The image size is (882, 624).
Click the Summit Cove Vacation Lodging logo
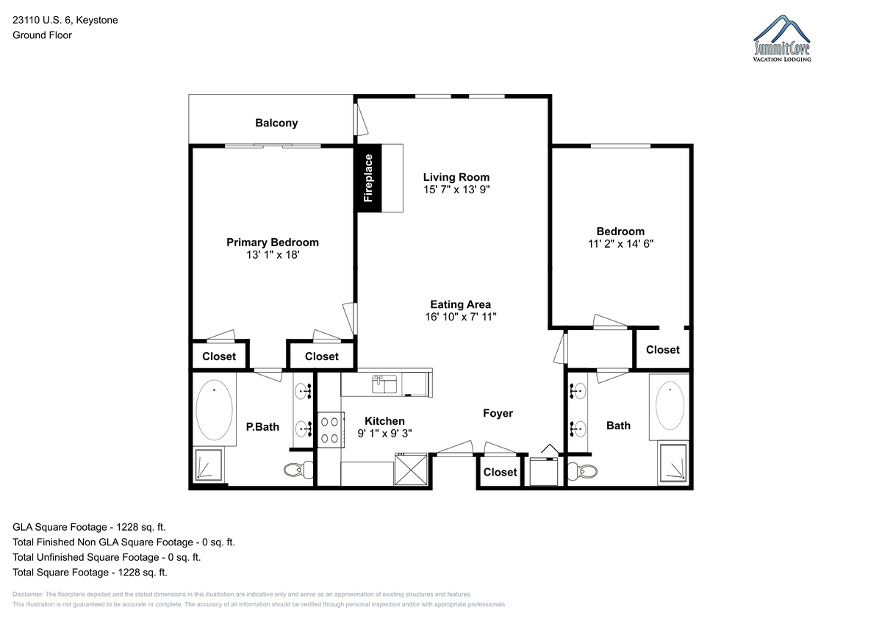click(x=782, y=38)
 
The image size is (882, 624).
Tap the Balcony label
click(x=276, y=123)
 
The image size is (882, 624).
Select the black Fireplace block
click(x=367, y=179)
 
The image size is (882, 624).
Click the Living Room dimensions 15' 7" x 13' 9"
click(x=456, y=190)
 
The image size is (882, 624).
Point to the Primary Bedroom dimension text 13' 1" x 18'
click(x=273, y=255)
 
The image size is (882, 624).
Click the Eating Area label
click(x=460, y=304)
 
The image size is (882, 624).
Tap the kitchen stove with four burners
click(x=330, y=429)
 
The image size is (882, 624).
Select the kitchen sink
click(x=384, y=384)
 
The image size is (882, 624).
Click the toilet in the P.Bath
click(x=298, y=470)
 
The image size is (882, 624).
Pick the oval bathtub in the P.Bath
click(x=214, y=410)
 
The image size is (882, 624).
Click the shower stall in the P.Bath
click(x=209, y=465)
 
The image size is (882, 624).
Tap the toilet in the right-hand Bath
click(x=582, y=471)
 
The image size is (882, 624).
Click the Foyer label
click(x=498, y=413)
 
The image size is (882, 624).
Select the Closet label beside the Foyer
click(x=500, y=472)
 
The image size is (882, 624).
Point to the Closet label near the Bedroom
click(x=663, y=350)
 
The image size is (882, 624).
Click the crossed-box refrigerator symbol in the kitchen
click(x=411, y=469)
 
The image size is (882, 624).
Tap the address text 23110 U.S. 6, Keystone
click(x=65, y=20)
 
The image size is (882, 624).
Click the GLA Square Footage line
click(x=89, y=527)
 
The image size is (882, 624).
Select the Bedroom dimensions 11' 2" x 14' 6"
click(x=620, y=244)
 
